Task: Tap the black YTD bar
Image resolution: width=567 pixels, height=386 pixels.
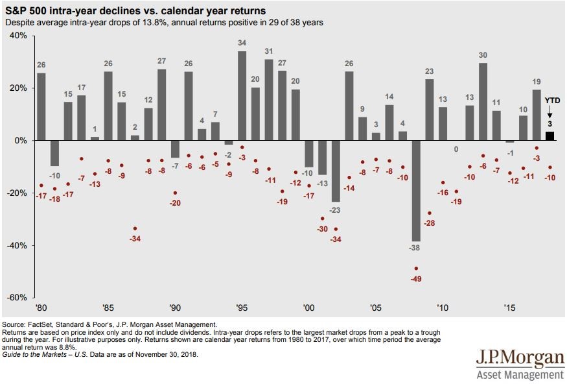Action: [550, 136]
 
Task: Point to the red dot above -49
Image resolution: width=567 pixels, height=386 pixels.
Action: [416, 269]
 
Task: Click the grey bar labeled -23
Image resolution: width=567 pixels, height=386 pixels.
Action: [336, 171]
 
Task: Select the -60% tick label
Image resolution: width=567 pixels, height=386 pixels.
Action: [16, 298]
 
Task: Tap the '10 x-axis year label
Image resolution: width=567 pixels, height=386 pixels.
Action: [443, 308]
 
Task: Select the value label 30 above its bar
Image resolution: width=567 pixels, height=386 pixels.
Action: [483, 55]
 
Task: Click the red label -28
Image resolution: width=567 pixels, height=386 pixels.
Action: [429, 223]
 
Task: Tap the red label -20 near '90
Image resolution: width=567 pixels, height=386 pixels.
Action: [175, 203]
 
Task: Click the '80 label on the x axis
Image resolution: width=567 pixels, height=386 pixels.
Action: [41, 308]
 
